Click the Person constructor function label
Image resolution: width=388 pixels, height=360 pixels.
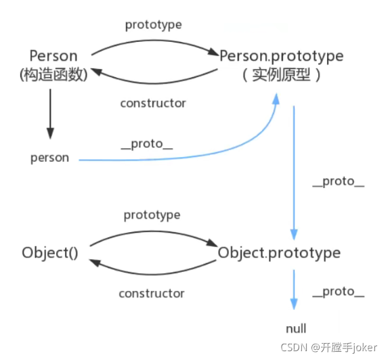53,56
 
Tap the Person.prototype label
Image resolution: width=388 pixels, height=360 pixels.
282,56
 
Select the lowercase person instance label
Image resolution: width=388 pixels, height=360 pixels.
49,158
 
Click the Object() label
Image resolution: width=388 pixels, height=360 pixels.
50,253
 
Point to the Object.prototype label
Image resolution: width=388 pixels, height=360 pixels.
279,253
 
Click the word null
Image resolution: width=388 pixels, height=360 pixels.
296,329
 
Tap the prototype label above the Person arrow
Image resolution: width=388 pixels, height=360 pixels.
154,25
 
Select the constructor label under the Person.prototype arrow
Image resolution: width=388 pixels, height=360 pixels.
153,103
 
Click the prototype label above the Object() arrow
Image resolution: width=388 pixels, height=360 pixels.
152,215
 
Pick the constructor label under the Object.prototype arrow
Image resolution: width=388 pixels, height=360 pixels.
152,294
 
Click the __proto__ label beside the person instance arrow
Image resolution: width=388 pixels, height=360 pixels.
147,144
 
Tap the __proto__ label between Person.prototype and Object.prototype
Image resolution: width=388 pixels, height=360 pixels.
339,182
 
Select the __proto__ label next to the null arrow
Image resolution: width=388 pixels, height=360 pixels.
339,292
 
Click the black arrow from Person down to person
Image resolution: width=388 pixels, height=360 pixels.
51,114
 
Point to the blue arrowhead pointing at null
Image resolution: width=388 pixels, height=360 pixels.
294,304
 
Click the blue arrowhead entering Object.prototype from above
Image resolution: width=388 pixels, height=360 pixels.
294,235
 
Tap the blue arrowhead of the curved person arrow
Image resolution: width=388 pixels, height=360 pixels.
276,99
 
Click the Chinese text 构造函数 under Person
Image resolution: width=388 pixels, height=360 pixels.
53,74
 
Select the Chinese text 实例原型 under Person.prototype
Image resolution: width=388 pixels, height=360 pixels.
281,74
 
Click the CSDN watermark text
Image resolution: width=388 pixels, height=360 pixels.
329,348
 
